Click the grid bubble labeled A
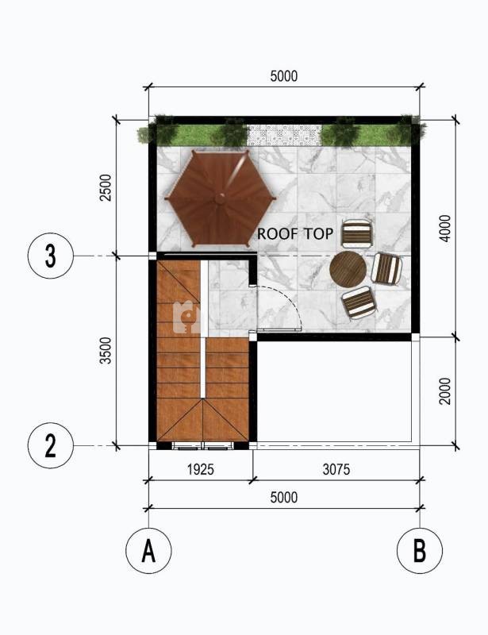click(148, 550)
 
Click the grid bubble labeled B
click(420, 550)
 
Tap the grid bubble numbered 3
click(51, 256)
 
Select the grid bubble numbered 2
click(51, 445)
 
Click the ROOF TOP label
click(295, 233)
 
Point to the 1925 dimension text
click(201, 469)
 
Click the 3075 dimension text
click(336, 469)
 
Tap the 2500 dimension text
click(105, 187)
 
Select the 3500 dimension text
click(105, 351)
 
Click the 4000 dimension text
click(444, 229)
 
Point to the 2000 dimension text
click(444, 391)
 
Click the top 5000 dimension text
click(284, 76)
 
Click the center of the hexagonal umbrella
click(221, 198)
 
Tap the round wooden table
click(348, 269)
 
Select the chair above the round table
click(357, 233)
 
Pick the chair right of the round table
click(386, 268)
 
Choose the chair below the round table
click(359, 303)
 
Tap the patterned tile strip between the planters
click(284, 135)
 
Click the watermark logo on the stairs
click(186, 317)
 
